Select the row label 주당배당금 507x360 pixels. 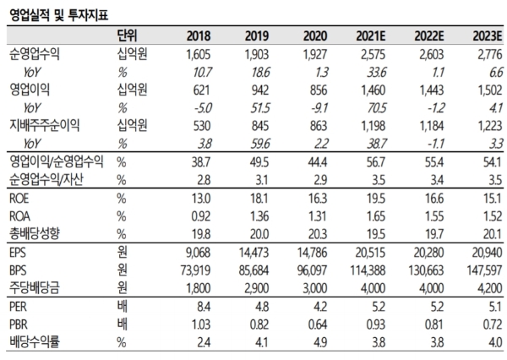35,287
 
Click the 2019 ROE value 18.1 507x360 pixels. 259,198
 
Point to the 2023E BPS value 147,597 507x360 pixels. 482,270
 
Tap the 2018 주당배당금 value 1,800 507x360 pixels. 195,287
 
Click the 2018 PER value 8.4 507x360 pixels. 201,308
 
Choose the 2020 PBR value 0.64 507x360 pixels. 314,325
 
